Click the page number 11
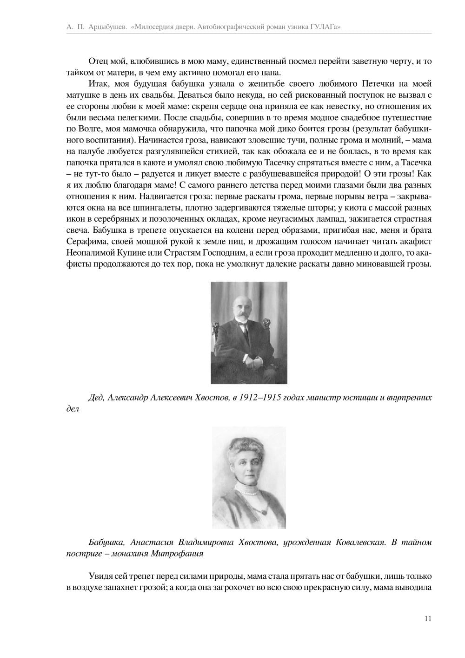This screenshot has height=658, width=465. click(x=428, y=618)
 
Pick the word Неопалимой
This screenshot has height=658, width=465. click(x=87, y=253)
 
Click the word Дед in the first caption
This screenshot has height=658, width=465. click(x=96, y=398)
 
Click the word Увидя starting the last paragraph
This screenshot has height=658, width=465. click(x=100, y=576)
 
